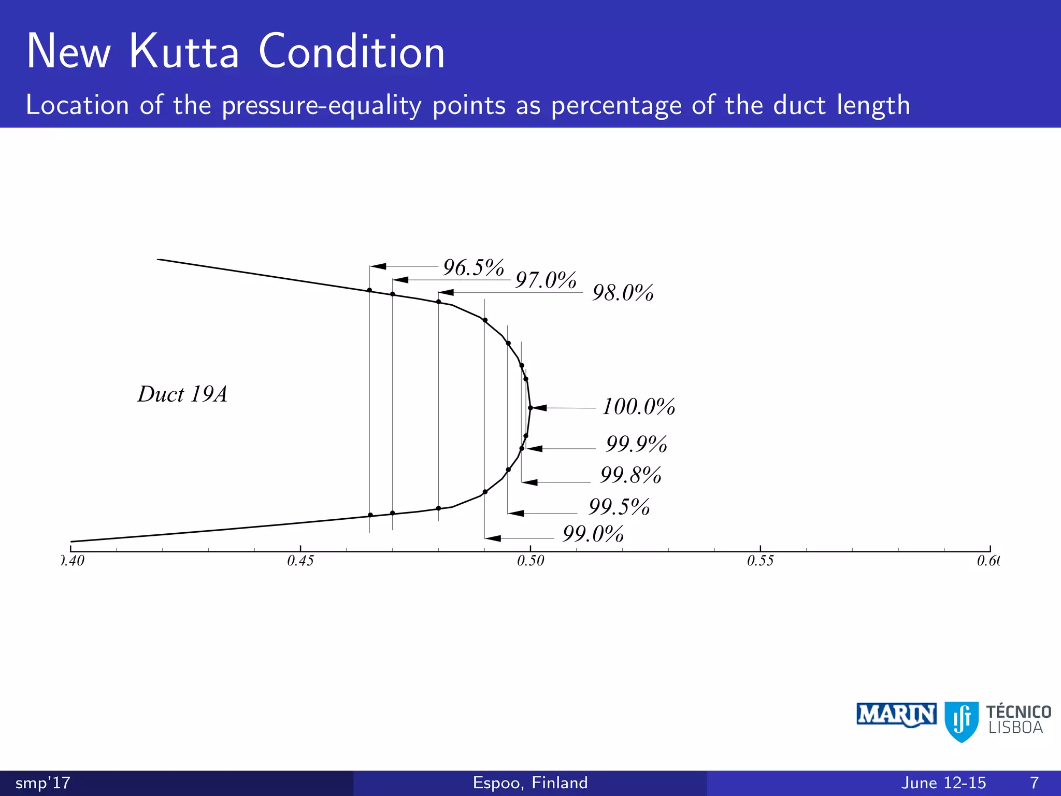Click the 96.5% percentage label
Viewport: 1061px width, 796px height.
pyautogui.click(x=473, y=268)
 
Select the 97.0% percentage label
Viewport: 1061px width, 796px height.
pyautogui.click(x=546, y=280)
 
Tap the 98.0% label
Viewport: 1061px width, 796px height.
pyautogui.click(x=622, y=293)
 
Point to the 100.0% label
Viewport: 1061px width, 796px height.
pyautogui.click(x=638, y=407)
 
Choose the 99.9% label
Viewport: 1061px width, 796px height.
pyautogui.click(x=636, y=444)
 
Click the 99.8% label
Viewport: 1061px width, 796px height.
pyautogui.click(x=630, y=475)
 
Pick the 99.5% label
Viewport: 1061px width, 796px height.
pyautogui.click(x=619, y=507)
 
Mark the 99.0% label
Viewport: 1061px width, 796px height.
pyautogui.click(x=593, y=534)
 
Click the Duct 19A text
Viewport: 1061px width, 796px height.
pyautogui.click(x=182, y=394)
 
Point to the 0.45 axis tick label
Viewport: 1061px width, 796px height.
pyautogui.click(x=300, y=561)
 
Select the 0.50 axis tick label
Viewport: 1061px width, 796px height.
pyautogui.click(x=530, y=561)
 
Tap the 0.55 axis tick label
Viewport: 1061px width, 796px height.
pyautogui.click(x=760, y=561)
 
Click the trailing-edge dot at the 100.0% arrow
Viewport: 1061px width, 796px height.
pyautogui.click(x=530, y=408)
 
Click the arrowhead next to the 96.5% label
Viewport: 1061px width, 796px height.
pyautogui.click(x=378, y=266)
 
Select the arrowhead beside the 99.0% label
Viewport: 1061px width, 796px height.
pyautogui.click(x=493, y=538)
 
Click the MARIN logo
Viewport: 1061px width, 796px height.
pyautogui.click(x=896, y=715)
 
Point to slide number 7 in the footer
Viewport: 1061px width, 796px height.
pyautogui.click(x=1034, y=783)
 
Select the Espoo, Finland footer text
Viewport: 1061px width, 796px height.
pyautogui.click(x=530, y=783)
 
